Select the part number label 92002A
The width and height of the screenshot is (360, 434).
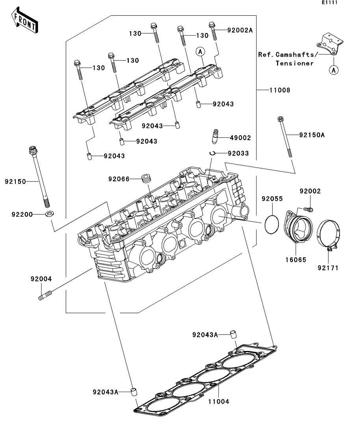[x=239, y=30]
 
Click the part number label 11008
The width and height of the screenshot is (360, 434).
[x=280, y=90]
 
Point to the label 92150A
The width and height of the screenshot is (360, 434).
[x=312, y=135]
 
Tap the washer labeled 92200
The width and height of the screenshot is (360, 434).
[x=50, y=214]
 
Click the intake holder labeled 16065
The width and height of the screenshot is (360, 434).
[x=298, y=229]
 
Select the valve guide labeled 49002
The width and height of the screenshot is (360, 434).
[x=215, y=138]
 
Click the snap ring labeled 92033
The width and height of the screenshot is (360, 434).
[x=212, y=153]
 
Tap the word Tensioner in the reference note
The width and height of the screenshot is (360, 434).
[x=294, y=63]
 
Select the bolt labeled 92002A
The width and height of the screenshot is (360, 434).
[x=213, y=31]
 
